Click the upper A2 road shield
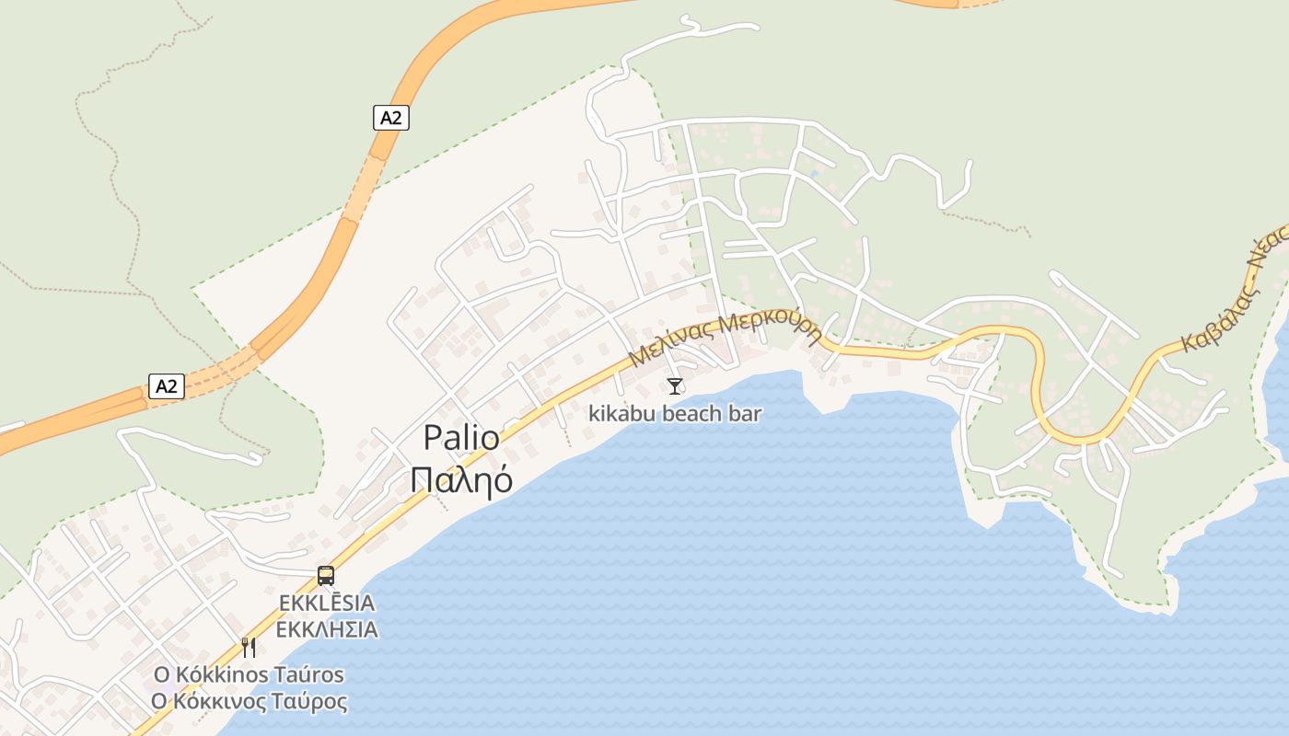click(391, 118)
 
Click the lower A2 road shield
click(166, 386)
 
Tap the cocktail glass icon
click(675, 386)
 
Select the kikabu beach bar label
click(675, 414)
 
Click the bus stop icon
click(326, 576)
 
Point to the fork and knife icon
click(249, 647)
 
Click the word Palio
click(461, 438)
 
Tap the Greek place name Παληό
click(461, 479)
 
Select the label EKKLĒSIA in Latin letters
click(327, 604)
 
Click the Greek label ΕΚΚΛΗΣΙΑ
click(327, 630)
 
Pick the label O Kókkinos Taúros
click(249, 674)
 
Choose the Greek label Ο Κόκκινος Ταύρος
click(249, 702)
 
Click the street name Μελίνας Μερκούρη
click(726, 337)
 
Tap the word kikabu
click(622, 414)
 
